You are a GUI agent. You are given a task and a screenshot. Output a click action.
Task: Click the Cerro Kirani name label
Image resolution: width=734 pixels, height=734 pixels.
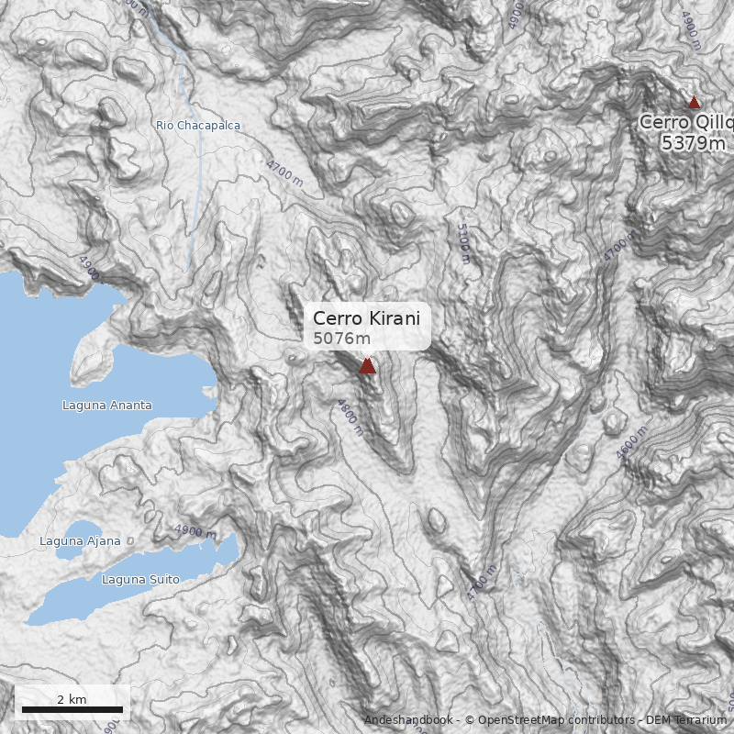(x=366, y=318)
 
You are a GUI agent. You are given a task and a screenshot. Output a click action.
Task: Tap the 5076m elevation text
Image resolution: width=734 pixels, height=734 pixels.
(x=341, y=338)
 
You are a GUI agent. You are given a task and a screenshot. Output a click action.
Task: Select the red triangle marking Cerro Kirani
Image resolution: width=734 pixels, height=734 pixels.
(x=367, y=366)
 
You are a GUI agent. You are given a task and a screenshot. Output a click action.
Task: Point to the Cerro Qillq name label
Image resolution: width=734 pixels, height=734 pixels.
(x=686, y=122)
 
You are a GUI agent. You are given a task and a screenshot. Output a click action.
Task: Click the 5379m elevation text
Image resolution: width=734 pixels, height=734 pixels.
(x=694, y=142)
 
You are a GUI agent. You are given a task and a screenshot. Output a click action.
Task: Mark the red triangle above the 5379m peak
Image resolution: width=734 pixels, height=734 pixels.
(x=695, y=103)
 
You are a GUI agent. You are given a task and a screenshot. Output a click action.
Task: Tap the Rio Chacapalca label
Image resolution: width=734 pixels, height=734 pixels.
(x=198, y=125)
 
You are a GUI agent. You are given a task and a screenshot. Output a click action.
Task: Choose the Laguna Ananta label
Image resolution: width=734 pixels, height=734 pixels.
(x=107, y=405)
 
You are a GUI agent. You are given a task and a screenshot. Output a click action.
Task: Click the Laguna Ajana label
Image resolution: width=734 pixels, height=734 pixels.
(x=80, y=540)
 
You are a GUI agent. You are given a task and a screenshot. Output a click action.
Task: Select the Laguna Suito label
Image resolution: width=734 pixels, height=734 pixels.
(x=140, y=579)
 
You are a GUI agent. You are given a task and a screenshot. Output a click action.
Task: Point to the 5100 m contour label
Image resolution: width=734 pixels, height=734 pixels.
(x=462, y=243)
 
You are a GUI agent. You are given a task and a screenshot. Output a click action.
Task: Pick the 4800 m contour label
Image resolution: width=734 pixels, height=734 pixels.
(x=350, y=417)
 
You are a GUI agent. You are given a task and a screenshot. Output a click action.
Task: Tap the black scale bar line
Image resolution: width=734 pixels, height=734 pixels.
(x=72, y=709)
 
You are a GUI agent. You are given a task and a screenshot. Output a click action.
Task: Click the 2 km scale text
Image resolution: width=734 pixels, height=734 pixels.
(x=72, y=699)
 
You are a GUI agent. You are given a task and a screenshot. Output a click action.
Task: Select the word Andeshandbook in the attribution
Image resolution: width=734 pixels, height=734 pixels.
(x=407, y=720)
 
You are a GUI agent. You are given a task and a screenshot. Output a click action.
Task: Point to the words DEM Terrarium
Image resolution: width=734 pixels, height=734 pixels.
(x=685, y=720)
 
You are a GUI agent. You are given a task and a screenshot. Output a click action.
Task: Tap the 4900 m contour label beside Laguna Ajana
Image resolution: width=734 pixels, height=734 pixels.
(x=195, y=531)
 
